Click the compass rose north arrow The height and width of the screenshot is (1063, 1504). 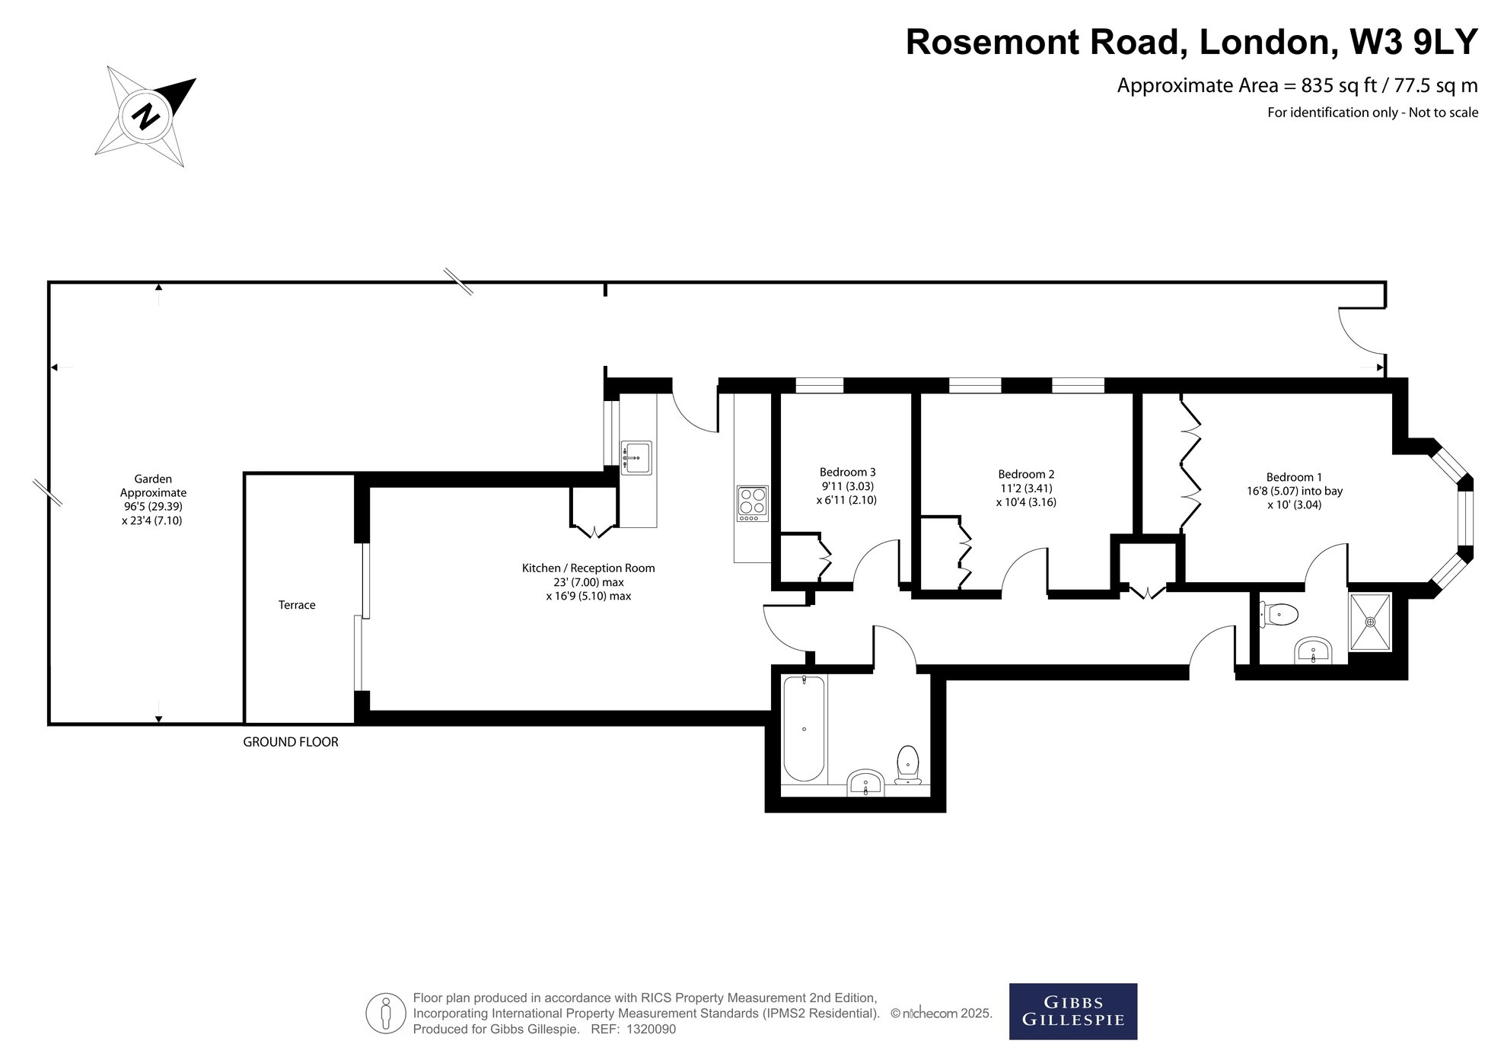[x=145, y=116]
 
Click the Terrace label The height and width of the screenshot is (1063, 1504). [x=297, y=605]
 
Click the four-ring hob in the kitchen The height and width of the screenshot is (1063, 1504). [x=752, y=504]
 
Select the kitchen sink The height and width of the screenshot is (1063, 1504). [x=636, y=457]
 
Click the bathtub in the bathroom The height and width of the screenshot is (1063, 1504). [x=804, y=729]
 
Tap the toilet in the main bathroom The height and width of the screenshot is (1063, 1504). [x=908, y=765]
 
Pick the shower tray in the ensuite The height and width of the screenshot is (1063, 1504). [x=1370, y=622]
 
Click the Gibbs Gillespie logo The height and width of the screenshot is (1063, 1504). [x=1073, y=1011]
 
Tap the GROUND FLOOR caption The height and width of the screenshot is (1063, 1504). [x=291, y=742]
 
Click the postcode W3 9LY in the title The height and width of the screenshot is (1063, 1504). [x=1413, y=42]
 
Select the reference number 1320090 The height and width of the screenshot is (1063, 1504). [x=650, y=1030]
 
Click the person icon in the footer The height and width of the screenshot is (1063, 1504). [x=386, y=1014]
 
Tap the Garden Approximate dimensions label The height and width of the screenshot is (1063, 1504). [x=153, y=500]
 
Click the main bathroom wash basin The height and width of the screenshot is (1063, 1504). [x=865, y=783]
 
